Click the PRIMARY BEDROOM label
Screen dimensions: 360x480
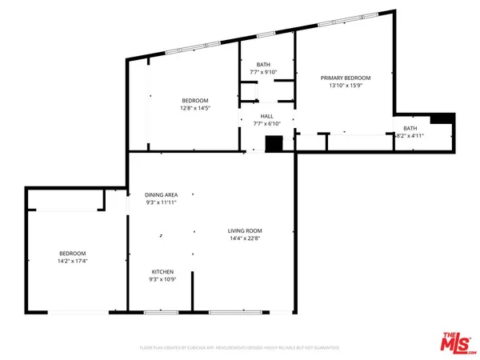tap(342, 78)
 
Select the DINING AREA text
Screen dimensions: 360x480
tap(161, 195)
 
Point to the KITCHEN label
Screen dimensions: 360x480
tap(162, 272)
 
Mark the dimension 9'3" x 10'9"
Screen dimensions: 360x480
tap(162, 280)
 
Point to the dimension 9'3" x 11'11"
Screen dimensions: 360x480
tap(161, 203)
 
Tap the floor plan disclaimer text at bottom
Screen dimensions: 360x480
tap(240, 348)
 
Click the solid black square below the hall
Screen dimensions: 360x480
tap(274, 144)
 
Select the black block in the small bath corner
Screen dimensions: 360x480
tap(441, 119)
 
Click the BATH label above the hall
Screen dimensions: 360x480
tap(263, 64)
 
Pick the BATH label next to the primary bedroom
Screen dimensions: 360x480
tap(410, 128)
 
